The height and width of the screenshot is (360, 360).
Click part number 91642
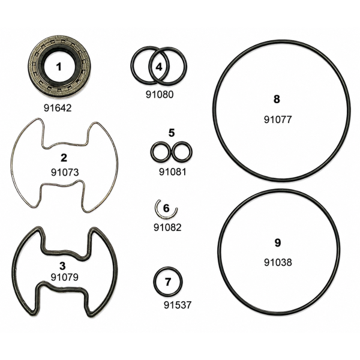pyautogui.click(x=58, y=108)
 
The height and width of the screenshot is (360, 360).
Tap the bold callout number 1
pyautogui.click(x=59, y=67)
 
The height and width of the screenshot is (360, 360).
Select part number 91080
pyautogui.click(x=160, y=94)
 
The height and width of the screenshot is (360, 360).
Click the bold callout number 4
pyautogui.click(x=159, y=67)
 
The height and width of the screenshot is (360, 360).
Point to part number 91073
pyautogui.click(x=65, y=172)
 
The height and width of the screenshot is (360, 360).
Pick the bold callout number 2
pyautogui.click(x=64, y=158)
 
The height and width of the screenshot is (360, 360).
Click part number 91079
pyautogui.click(x=65, y=277)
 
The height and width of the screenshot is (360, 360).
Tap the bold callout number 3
pyautogui.click(x=62, y=266)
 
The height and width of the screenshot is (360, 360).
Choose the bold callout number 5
pyautogui.click(x=172, y=133)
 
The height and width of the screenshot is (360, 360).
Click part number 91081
pyautogui.click(x=173, y=172)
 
